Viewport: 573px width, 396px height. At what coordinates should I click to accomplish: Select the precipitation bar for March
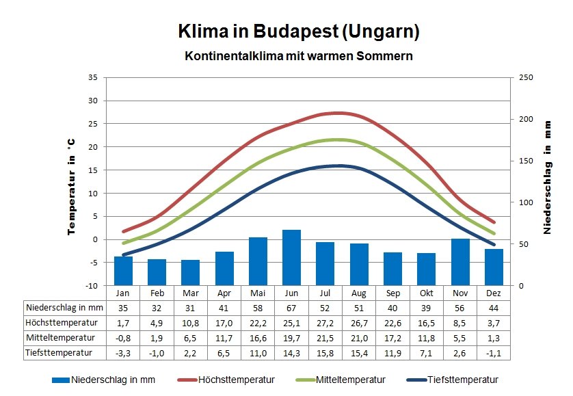coord(190,272)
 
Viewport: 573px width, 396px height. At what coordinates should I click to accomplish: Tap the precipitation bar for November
coord(459,262)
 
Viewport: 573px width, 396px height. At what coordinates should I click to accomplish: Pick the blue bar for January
coord(123,271)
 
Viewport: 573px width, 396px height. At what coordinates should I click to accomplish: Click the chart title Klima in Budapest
coord(298,31)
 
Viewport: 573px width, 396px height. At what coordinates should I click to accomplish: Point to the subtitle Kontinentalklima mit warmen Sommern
coord(298,56)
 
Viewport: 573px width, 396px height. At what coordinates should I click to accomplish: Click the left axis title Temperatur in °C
coord(70,186)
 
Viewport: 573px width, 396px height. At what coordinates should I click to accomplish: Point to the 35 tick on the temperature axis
coord(93,77)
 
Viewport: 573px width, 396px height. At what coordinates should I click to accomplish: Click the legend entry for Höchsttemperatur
coord(236,380)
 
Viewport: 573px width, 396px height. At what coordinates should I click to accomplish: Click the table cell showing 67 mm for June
coord(291,308)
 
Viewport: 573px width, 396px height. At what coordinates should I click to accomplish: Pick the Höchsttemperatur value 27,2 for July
coord(325,323)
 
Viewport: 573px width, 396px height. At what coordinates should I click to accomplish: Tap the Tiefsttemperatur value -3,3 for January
coord(123,353)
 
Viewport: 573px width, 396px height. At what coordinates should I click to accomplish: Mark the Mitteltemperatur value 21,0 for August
coord(358,338)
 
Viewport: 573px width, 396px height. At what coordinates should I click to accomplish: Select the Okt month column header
coord(426,293)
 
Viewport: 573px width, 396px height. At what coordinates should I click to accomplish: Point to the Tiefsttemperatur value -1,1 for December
coord(494,353)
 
